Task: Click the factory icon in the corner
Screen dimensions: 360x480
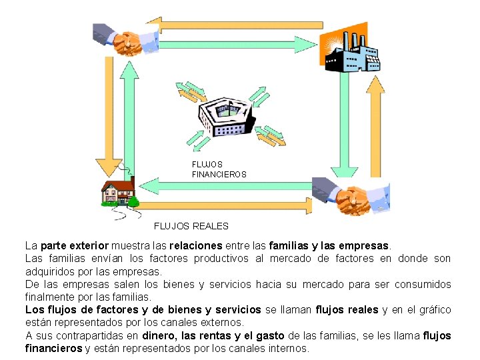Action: click(x=351, y=49)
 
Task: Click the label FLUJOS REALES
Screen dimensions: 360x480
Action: click(x=191, y=227)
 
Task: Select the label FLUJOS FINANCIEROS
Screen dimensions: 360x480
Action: click(x=219, y=169)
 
